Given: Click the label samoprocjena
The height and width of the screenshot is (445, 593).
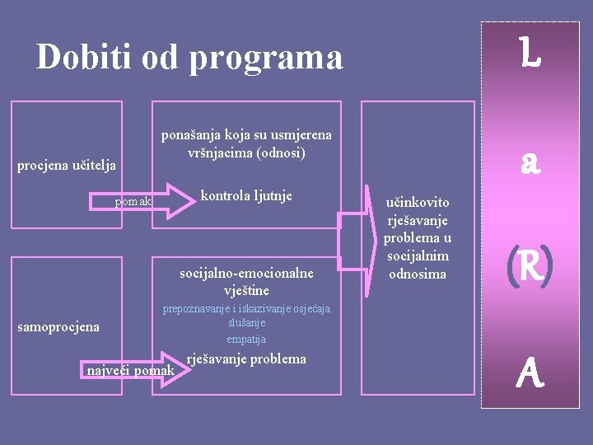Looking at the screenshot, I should [x=58, y=327].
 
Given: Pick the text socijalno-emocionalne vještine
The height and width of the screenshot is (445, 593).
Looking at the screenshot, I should [x=246, y=282].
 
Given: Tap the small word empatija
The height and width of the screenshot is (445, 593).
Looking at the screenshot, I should [x=246, y=339].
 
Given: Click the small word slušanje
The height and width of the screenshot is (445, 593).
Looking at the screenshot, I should [x=246, y=324].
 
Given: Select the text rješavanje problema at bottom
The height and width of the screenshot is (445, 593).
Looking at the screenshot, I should [x=246, y=358].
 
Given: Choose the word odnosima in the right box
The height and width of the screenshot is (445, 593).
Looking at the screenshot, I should [x=418, y=274].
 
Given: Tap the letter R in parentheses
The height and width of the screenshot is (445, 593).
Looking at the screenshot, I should [x=530, y=268].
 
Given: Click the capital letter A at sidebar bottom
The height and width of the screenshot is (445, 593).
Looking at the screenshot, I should [x=530, y=376].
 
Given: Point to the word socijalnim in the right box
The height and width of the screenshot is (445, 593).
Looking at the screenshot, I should [x=418, y=256].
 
